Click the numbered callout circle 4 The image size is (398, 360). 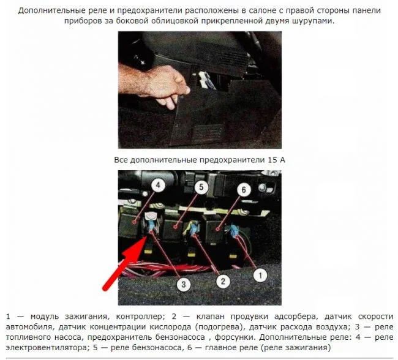pyautogui.click(x=158, y=186)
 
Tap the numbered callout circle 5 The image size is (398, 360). pyautogui.click(x=201, y=187)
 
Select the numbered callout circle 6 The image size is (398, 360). pyautogui.click(x=244, y=190)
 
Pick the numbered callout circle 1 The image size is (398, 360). pyautogui.click(x=260, y=276)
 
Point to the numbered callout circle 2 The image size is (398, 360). pyautogui.click(x=223, y=281)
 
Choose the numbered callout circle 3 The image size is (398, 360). pyautogui.click(x=184, y=284)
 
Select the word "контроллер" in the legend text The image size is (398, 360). pyautogui.click(x=139, y=317)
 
